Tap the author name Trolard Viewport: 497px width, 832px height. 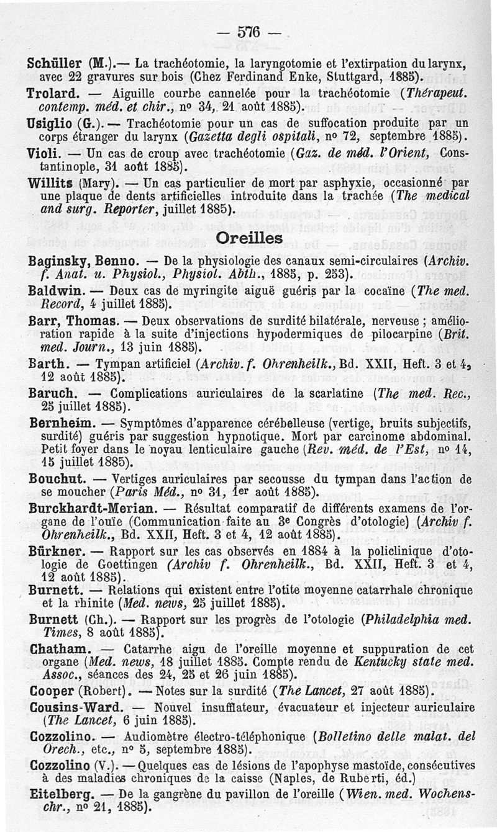pyautogui.click(x=50, y=92)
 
